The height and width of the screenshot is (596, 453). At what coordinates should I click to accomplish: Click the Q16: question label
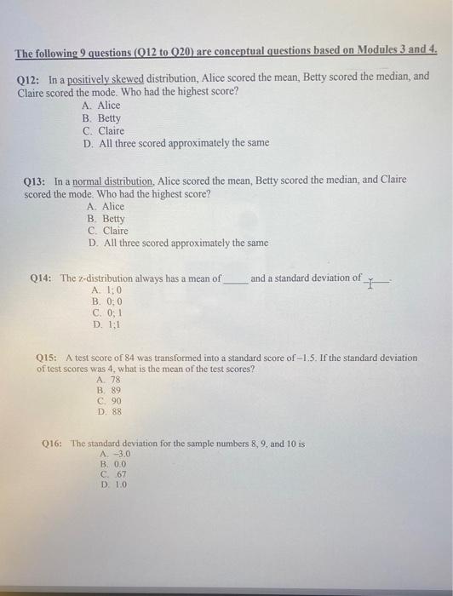click(54, 444)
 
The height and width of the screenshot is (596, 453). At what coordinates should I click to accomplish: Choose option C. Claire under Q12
click(104, 131)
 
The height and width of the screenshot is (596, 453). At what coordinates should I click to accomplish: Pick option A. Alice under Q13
click(106, 207)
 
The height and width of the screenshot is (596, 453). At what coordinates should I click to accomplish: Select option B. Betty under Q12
click(102, 118)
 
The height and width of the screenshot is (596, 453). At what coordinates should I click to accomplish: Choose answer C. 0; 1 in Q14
click(108, 312)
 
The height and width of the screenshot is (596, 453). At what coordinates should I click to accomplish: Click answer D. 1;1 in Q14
click(107, 324)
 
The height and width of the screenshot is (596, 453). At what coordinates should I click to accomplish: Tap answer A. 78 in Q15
click(109, 380)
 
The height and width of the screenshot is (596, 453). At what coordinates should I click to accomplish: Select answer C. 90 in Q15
click(110, 400)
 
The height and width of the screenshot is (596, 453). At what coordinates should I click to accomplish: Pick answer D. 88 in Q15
click(110, 411)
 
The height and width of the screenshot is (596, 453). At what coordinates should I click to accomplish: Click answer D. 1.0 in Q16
click(114, 484)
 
